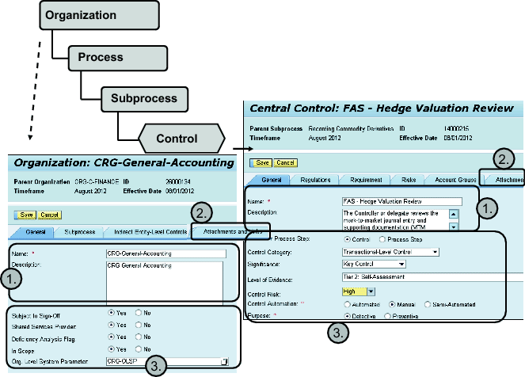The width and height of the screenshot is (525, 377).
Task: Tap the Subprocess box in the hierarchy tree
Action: pyautogui.click(x=144, y=99)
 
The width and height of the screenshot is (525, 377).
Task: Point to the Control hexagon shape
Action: pyautogui.click(x=176, y=139)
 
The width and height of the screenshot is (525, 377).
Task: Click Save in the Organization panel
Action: pyautogui.click(x=25, y=215)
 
